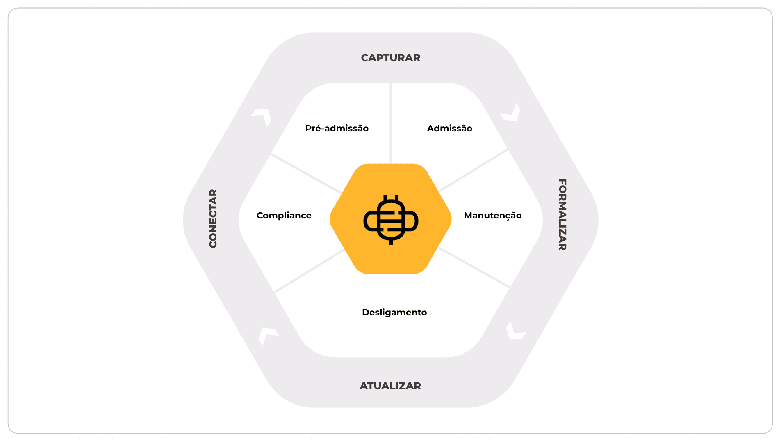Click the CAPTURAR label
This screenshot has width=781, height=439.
(x=390, y=58)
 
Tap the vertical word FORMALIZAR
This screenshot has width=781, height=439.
(x=562, y=214)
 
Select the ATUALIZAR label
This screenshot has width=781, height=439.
(x=390, y=386)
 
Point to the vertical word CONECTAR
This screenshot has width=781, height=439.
(x=213, y=218)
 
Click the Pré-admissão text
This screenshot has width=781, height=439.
(x=337, y=129)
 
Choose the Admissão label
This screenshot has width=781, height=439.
(x=449, y=129)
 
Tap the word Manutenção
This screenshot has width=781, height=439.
(x=492, y=216)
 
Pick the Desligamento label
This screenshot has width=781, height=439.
(x=394, y=313)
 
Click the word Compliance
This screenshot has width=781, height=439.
(x=284, y=216)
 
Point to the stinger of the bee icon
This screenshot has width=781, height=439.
(x=391, y=242)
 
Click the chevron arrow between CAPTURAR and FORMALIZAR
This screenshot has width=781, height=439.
(x=511, y=113)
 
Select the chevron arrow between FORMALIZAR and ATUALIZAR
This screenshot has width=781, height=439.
(x=515, y=331)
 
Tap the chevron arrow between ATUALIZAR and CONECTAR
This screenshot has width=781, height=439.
(x=267, y=335)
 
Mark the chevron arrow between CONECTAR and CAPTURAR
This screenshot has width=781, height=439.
(x=263, y=116)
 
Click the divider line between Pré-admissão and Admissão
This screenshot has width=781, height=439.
(x=391, y=123)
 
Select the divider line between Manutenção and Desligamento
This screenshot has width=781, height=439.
(x=474, y=268)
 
